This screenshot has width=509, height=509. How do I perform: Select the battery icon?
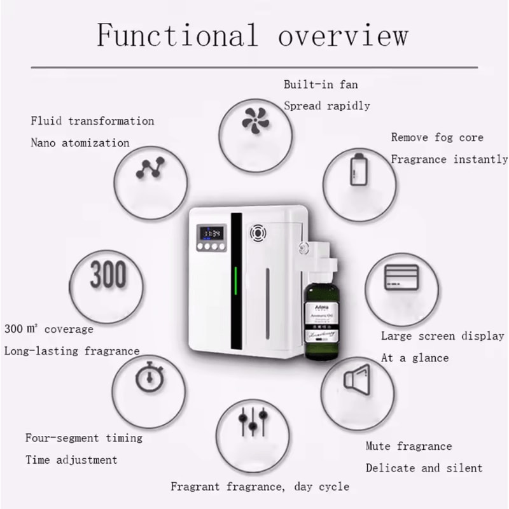358,169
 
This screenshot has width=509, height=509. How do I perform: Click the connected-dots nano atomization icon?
151,168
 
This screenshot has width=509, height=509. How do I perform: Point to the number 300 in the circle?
108,275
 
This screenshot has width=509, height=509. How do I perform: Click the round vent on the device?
258,233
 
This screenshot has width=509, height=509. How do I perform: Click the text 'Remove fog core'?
437,137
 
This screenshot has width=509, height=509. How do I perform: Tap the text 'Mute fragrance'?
408,446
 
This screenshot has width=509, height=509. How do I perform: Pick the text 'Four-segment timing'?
83,438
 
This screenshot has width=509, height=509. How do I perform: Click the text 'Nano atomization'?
80,143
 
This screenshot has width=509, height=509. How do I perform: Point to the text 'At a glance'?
414,358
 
